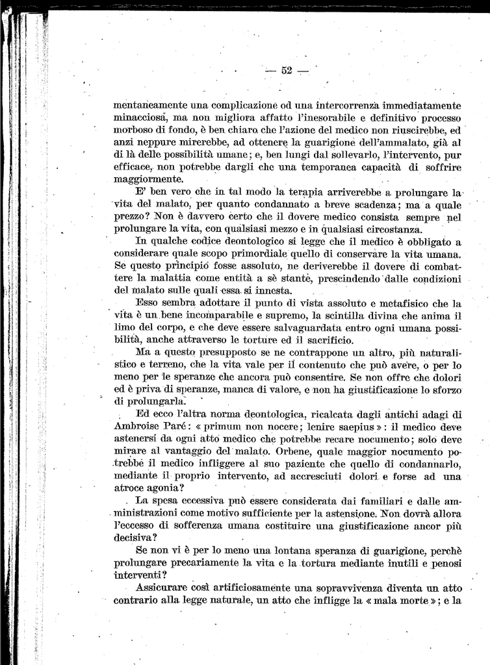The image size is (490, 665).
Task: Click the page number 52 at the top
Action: coord(287,71)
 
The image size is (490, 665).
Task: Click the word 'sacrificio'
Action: coord(326,340)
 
